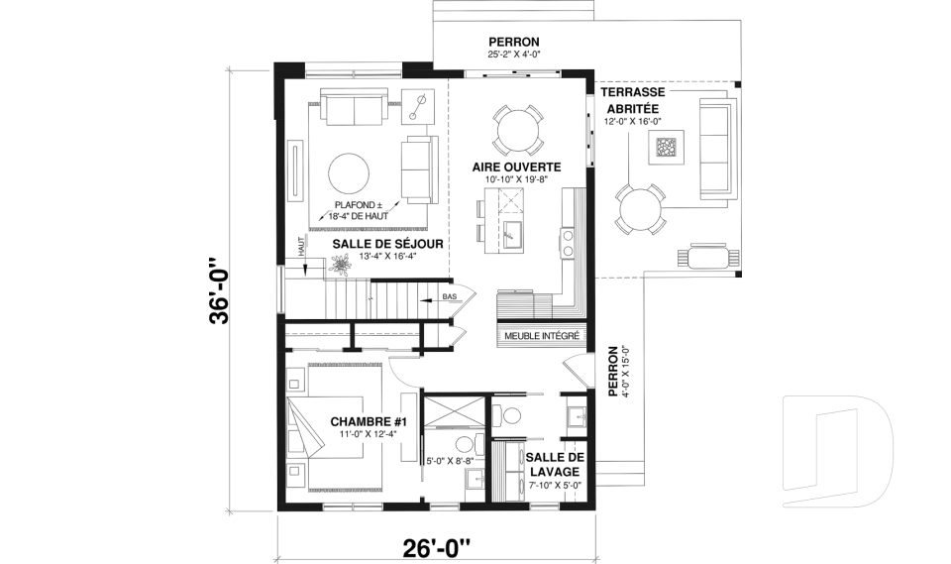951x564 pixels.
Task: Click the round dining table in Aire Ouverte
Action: point(517,128)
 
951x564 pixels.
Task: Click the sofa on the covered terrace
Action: point(714,147)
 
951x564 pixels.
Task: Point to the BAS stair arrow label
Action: point(449,296)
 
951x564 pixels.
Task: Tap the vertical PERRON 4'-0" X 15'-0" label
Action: point(619,371)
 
